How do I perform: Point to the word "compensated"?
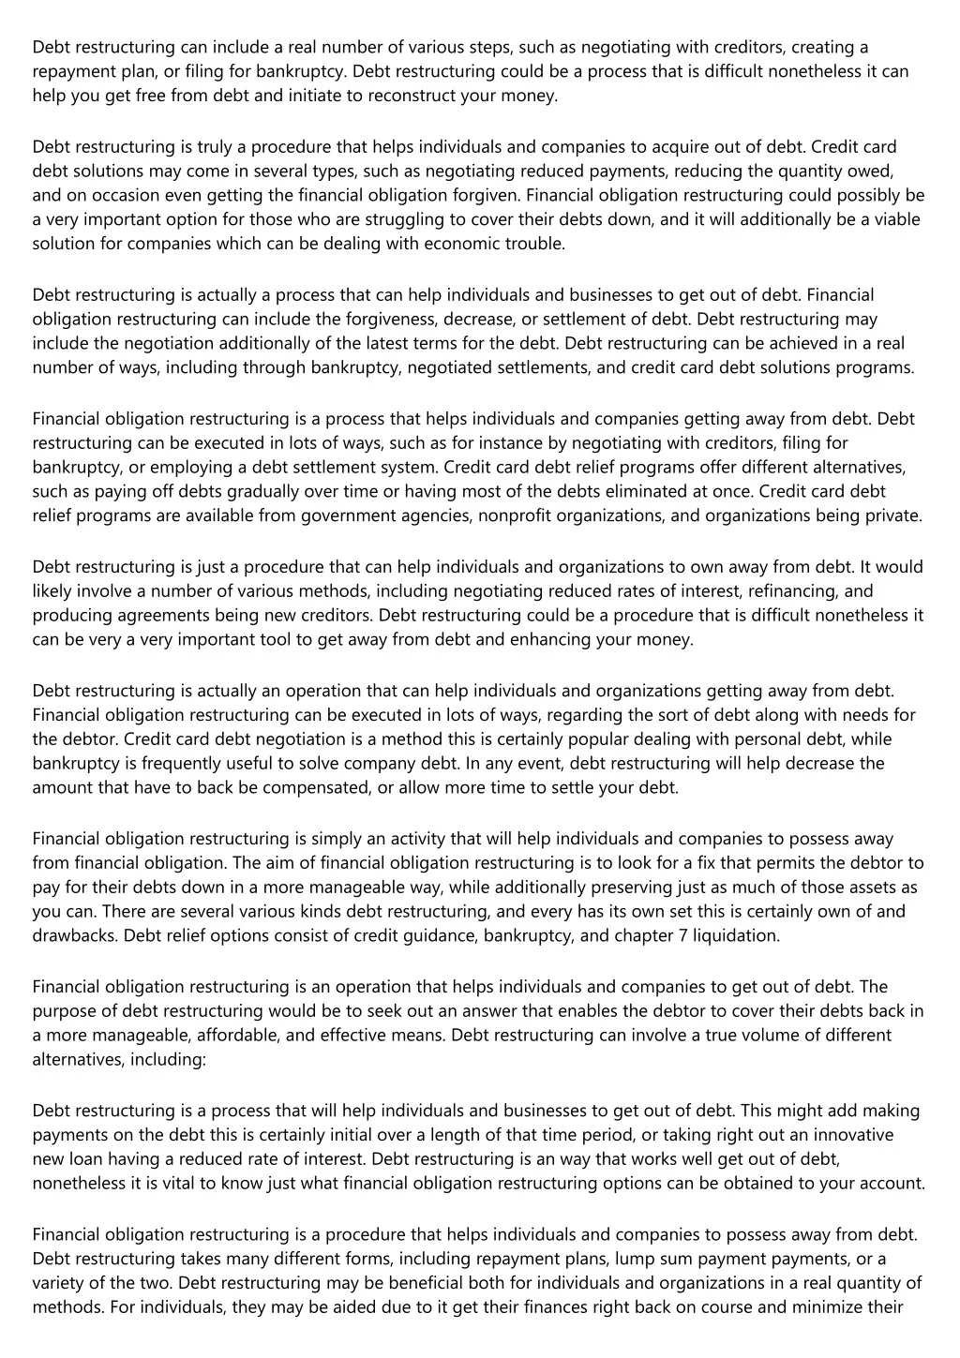(x=315, y=787)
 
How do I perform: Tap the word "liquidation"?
(x=736, y=935)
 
